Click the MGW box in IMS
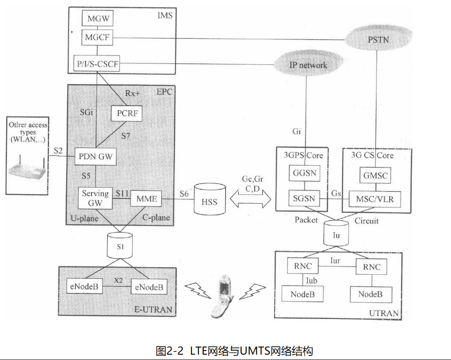click(97, 19)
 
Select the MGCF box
click(97, 38)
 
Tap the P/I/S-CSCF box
click(97, 65)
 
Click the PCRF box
click(126, 113)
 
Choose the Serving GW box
click(96, 198)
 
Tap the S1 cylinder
click(119, 245)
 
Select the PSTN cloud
click(378, 40)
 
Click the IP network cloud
click(306, 65)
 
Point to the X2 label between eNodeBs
click(118, 280)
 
